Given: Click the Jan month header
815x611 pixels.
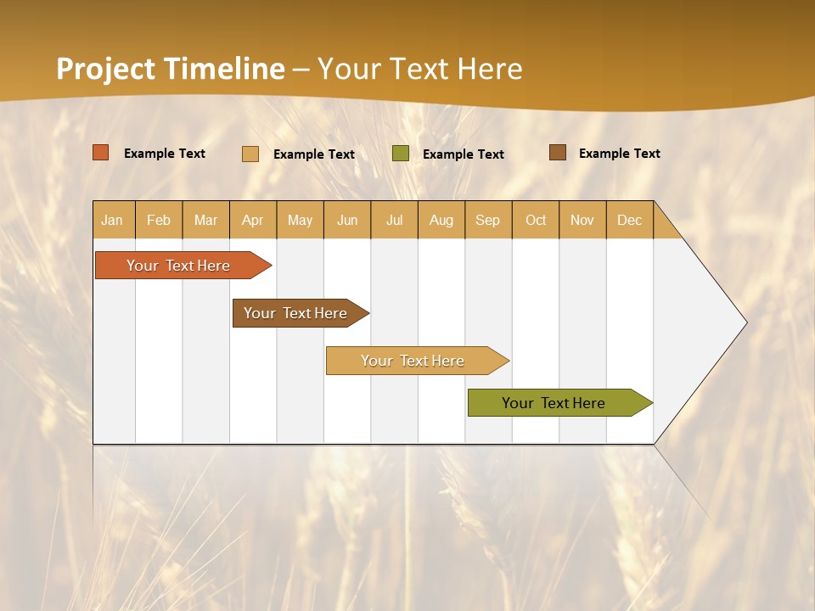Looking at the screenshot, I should pyautogui.click(x=113, y=220).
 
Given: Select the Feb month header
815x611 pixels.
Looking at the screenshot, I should pyautogui.click(x=159, y=220).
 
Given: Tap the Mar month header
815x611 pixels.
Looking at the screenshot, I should pyautogui.click(x=205, y=220).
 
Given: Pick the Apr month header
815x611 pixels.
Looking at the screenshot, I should pyautogui.click(x=253, y=220).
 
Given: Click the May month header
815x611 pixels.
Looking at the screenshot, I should pyautogui.click(x=300, y=220).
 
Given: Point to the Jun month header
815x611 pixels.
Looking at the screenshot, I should pyautogui.click(x=347, y=220).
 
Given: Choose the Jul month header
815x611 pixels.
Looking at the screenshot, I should pyautogui.click(x=394, y=220).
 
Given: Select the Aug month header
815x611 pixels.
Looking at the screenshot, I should pyautogui.click(x=441, y=220).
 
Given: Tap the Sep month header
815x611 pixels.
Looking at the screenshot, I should pyautogui.click(x=488, y=220).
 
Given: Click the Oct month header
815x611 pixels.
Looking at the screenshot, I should pyautogui.click(x=536, y=220).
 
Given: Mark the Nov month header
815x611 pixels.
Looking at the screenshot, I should pyautogui.click(x=582, y=220).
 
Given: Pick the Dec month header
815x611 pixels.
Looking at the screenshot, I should pyautogui.click(x=630, y=220).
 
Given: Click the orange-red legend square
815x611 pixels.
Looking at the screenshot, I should pyautogui.click(x=101, y=153).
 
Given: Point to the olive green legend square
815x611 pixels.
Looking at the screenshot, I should pyautogui.click(x=401, y=154).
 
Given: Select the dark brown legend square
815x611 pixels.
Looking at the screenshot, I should pyautogui.click(x=557, y=153).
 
